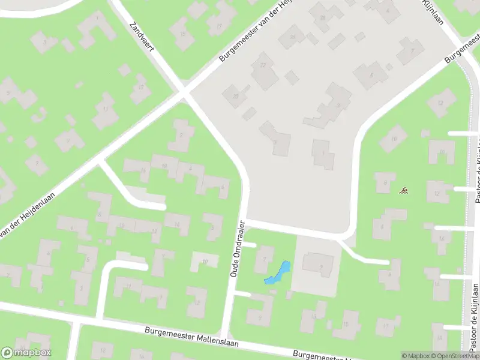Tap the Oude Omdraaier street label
(238, 248)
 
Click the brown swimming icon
(404, 191)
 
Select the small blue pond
(278, 272)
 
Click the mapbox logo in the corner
(26, 353)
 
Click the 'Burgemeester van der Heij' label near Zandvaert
(258, 30)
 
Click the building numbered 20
(236, 96)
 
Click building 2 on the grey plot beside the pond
(318, 264)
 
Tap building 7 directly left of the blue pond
(263, 259)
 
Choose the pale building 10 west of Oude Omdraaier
(205, 261)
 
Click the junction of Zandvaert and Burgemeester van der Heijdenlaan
(184, 94)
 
